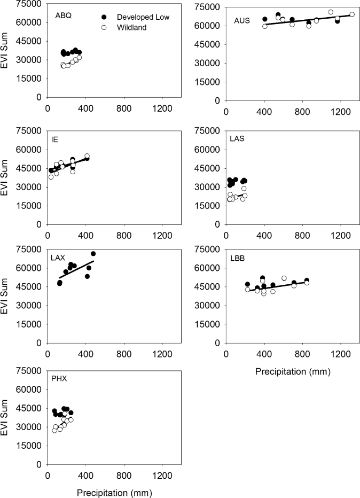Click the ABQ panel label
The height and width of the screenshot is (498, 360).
click(x=64, y=15)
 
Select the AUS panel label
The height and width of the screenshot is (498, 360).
click(x=242, y=21)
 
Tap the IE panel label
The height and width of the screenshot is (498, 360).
click(x=55, y=139)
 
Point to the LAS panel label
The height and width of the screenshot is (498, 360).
click(x=237, y=139)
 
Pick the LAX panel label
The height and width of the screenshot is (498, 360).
click(x=58, y=258)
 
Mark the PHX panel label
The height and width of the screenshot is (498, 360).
click(x=60, y=379)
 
